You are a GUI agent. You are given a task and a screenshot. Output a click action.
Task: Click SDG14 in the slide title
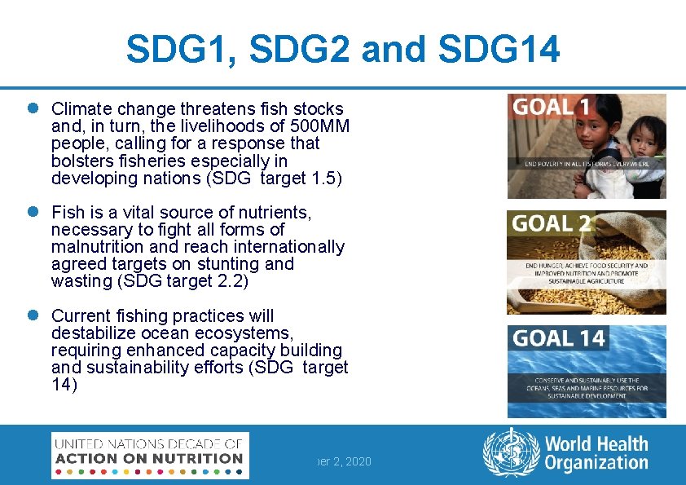tap(499, 51)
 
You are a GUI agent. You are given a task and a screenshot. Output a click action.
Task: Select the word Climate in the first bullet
tap(82, 109)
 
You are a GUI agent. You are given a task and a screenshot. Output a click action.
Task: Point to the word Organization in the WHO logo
tap(596, 464)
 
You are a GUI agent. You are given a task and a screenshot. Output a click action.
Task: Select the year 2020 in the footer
tap(358, 461)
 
